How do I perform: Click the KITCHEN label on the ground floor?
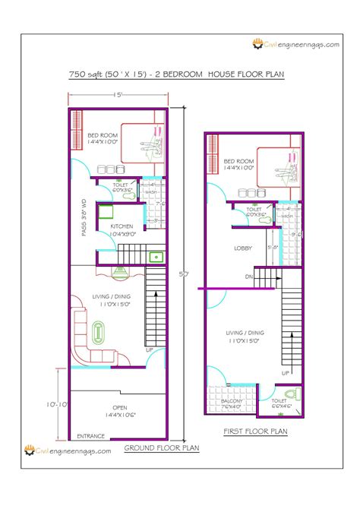pos(123,226)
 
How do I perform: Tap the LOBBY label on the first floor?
pos(243,248)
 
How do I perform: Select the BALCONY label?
pos(226,401)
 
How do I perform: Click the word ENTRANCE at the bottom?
pos(90,436)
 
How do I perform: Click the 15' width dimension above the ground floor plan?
pos(118,95)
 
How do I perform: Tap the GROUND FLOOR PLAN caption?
pos(161,448)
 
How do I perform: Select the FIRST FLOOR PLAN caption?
pos(254,432)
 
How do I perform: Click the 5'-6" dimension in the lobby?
pos(273,248)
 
